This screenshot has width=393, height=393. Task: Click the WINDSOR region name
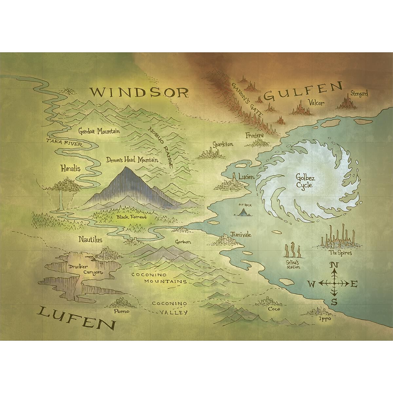pyautogui.click(x=140, y=93)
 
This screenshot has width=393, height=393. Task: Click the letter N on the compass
pyautogui.click(x=334, y=265)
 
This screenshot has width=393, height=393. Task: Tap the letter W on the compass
pyautogui.click(x=312, y=284)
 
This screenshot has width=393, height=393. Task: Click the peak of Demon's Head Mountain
pyautogui.click(x=126, y=168)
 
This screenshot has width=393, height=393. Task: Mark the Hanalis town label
pyautogui.click(x=71, y=169)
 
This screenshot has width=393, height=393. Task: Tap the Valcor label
pyautogui.click(x=316, y=103)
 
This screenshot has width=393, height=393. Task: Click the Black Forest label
pyautogui.click(x=132, y=217)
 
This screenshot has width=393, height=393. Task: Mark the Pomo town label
pyautogui.click(x=121, y=311)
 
